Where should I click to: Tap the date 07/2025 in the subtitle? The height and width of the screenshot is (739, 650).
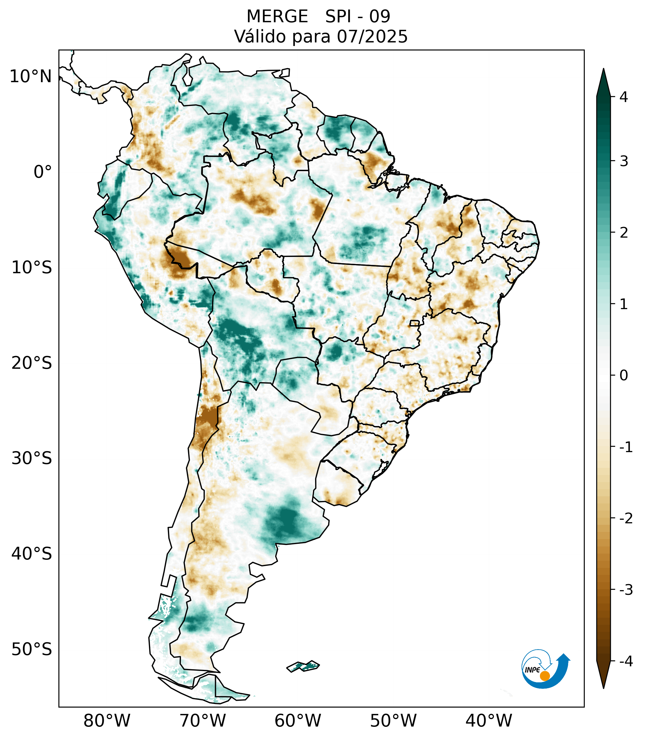point(372,36)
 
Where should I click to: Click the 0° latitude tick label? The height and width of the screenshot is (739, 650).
point(43,172)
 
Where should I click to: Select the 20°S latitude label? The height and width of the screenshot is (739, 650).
point(32,363)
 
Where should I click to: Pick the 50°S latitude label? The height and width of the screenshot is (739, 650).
point(32,650)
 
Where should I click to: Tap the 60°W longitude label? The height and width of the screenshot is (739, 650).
point(298,721)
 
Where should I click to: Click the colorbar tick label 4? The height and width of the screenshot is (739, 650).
point(624,97)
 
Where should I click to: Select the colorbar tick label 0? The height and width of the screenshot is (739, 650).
point(624,376)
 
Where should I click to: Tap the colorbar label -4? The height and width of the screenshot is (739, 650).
point(626,662)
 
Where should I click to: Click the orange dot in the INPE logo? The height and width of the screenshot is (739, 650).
point(544,676)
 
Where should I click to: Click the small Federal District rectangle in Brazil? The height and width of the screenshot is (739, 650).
point(415,323)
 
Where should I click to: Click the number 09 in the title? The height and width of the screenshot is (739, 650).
point(380,17)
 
